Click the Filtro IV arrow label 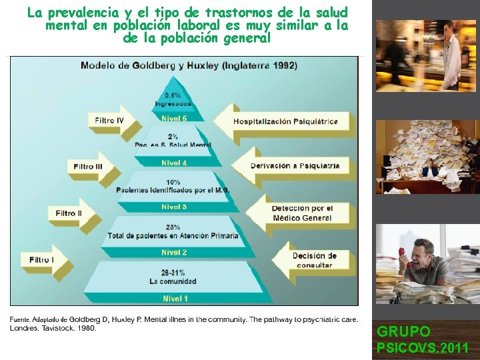click(109, 121)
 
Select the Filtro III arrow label click(88, 166)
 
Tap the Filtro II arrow click(69, 213)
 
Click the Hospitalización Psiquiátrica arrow click(284, 121)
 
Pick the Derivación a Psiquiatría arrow click(294, 165)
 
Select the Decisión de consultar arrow click(313, 260)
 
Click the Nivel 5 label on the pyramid click(174, 119)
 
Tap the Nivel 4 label click(174, 163)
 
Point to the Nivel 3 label click(174, 207)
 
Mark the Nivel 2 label click(174, 253)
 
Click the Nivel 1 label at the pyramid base click(174, 299)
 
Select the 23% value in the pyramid click(173, 227)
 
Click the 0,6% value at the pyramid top click(173, 95)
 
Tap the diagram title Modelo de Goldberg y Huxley click(189, 65)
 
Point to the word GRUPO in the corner click(403, 331)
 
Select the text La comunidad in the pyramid click(173, 281)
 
